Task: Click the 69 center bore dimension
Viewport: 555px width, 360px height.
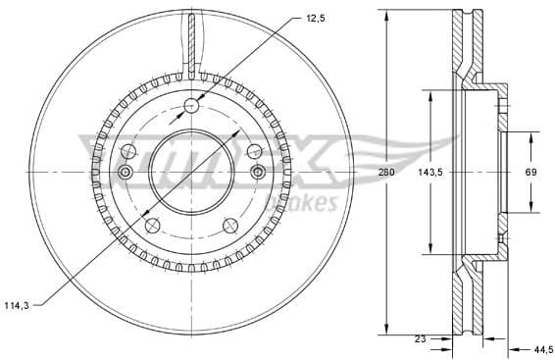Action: (530, 172)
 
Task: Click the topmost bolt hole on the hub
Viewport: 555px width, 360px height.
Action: (191, 105)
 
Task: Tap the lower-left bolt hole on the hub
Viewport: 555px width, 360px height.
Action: (152, 227)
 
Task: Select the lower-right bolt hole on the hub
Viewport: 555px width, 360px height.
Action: (230, 227)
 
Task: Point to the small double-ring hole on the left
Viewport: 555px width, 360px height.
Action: (125, 173)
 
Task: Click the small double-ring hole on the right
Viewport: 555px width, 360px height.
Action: (259, 173)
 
